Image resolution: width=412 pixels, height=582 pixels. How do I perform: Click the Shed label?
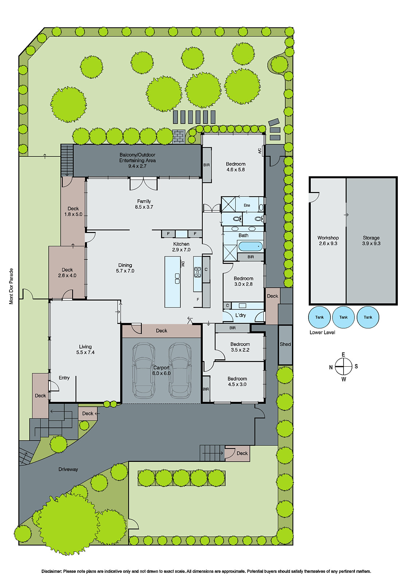[285, 344]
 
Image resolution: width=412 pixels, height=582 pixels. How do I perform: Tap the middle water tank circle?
[344, 317]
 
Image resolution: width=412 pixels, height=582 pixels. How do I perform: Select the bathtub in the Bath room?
[251, 246]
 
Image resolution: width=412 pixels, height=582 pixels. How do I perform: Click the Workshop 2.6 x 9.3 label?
[328, 240]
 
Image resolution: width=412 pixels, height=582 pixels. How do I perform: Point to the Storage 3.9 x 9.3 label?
[371, 240]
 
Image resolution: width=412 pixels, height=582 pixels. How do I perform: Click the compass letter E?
[343, 355]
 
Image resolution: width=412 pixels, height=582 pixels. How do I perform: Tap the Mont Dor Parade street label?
[11, 286]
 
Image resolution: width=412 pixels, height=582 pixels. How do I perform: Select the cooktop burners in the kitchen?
[197, 272]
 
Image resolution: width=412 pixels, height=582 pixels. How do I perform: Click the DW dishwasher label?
[183, 264]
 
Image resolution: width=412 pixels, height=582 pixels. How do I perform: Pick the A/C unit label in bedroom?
[259, 151]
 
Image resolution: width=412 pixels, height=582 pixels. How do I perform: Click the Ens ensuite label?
[247, 205]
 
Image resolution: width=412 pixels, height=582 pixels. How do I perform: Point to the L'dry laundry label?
[240, 315]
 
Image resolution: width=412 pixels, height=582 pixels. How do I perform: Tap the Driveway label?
[68, 469]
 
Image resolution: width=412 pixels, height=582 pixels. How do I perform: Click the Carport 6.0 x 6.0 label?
[161, 371]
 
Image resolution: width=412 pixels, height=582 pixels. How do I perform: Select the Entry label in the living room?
[64, 378]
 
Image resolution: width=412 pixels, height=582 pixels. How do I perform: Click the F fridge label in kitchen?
[198, 300]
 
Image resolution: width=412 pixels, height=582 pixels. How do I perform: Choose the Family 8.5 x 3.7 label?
[144, 204]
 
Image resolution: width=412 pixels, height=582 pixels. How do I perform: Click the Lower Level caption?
[322, 332]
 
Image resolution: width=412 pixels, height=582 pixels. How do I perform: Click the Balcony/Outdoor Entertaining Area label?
[137, 160]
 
